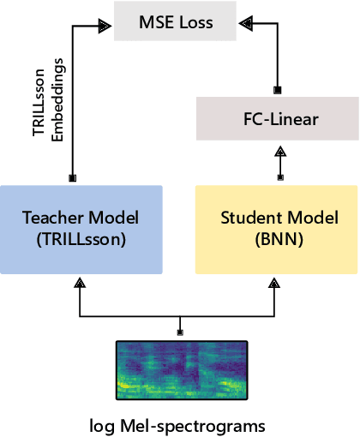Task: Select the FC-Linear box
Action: [278, 119]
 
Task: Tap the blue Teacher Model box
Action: [81, 229]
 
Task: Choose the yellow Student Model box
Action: [276, 229]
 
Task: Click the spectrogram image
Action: [180, 367]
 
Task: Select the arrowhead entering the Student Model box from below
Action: [276, 281]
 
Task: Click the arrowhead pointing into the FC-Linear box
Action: [279, 149]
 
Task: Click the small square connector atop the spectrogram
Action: [180, 332]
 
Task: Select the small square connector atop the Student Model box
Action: [279, 178]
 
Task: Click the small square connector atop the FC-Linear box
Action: [278, 89]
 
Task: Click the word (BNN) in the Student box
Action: [276, 240]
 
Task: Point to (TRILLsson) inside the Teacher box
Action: [81, 240]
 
